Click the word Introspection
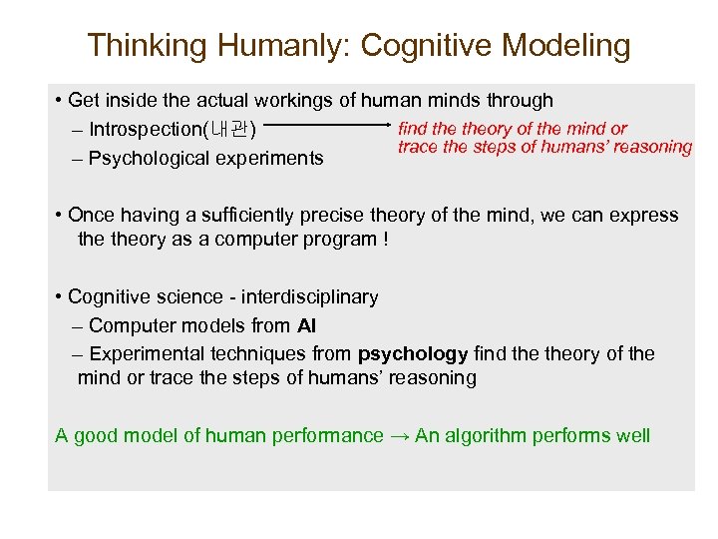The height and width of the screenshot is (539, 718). (145, 130)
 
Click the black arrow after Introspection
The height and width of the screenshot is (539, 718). (329, 127)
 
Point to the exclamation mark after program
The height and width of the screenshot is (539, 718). (385, 240)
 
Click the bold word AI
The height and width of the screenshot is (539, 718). (306, 325)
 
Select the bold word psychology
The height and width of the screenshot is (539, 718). (413, 353)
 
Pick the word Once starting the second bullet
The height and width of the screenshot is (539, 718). (91, 216)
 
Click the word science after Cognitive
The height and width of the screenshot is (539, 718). (190, 296)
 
